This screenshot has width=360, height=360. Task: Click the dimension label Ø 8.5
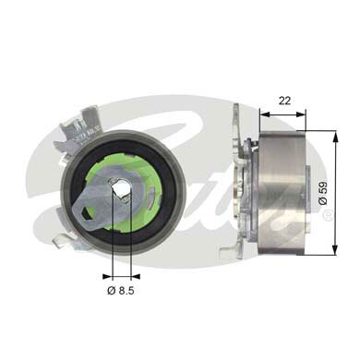121,293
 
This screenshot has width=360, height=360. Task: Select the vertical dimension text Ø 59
345,191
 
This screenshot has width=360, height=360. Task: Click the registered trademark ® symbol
327,214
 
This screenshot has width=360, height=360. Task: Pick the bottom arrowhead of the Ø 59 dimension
330,250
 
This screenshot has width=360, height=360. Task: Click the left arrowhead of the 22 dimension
265,114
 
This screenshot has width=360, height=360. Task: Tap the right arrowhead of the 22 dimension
307,114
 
